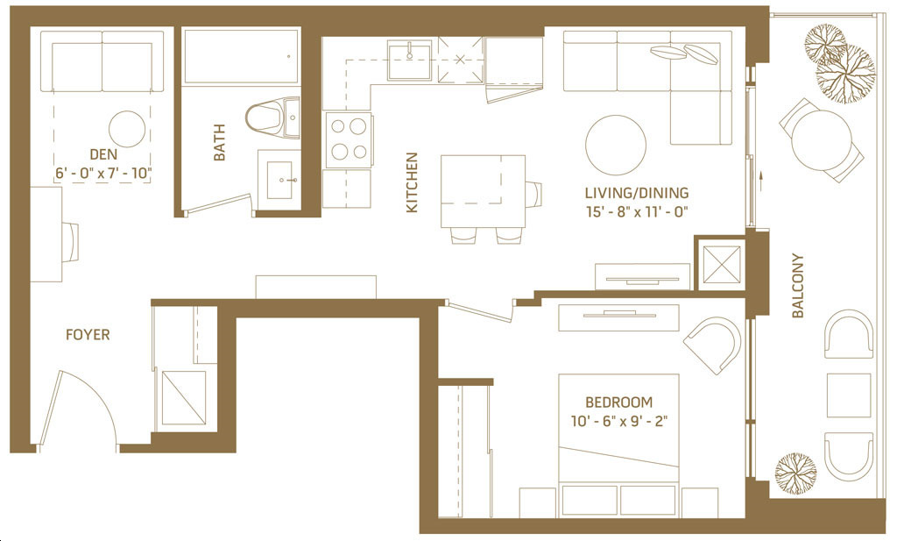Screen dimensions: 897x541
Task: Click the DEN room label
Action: pyautogui.click(x=103, y=154)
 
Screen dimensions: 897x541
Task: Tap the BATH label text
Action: pyautogui.click(x=218, y=142)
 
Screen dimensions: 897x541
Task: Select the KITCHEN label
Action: pyautogui.click(x=412, y=182)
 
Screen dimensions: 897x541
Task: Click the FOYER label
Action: pyautogui.click(x=88, y=334)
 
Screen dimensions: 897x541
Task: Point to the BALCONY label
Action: pyautogui.click(x=797, y=286)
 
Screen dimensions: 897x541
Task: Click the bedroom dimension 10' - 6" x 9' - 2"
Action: pyautogui.click(x=619, y=422)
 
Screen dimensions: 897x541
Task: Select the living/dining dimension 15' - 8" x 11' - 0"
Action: pyautogui.click(x=636, y=211)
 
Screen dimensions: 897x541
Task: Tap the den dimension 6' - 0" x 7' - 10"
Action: pyautogui.click(x=103, y=173)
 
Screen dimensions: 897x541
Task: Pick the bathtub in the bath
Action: pyautogui.click(x=241, y=57)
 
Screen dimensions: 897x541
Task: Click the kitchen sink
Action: pyautogui.click(x=410, y=60)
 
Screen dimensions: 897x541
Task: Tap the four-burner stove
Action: pyautogui.click(x=349, y=140)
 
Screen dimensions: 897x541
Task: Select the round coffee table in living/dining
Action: pyautogui.click(x=616, y=146)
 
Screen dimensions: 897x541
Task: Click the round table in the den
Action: pyautogui.click(x=126, y=129)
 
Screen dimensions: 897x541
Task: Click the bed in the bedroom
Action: pyautogui.click(x=618, y=445)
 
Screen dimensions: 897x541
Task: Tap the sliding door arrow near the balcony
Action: pyautogui.click(x=761, y=180)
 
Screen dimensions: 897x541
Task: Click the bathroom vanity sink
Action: pyautogui.click(x=279, y=180)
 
